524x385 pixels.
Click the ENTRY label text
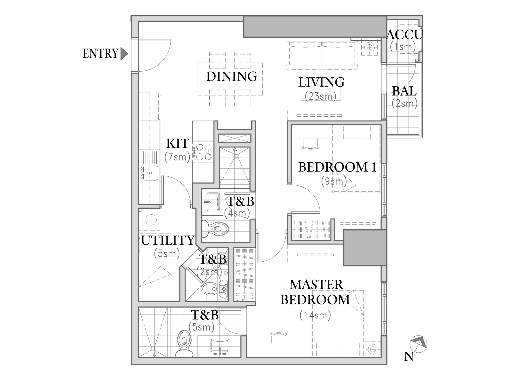tap(100, 54)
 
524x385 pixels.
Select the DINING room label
tap(231, 76)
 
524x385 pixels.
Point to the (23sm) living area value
tap(320, 95)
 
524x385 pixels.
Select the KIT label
tap(178, 144)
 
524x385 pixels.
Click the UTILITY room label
tap(167, 241)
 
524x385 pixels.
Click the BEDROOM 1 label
tap(337, 167)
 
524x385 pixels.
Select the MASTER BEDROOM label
tap(316, 292)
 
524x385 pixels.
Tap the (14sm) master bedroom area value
tap(315, 315)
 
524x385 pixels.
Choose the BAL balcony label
tap(404, 91)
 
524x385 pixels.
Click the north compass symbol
tap(418, 343)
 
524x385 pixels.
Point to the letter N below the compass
tap(409, 357)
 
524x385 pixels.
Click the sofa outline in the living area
tap(322, 54)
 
